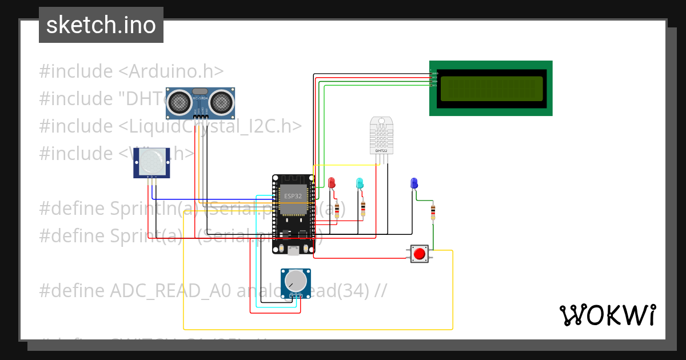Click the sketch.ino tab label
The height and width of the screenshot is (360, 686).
[101, 25]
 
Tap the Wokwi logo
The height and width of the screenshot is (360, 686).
[607, 315]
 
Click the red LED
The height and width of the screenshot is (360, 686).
[332, 183]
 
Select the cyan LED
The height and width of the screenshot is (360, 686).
[360, 183]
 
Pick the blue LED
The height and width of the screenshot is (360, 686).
[414, 183]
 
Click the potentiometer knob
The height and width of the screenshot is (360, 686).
[296, 280]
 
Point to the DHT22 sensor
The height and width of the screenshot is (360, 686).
[381, 135]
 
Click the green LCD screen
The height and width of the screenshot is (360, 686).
[490, 88]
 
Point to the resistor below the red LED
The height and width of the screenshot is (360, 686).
[337, 210]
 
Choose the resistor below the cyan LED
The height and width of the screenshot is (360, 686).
[362, 209]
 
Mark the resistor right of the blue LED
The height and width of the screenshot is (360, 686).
[433, 213]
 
